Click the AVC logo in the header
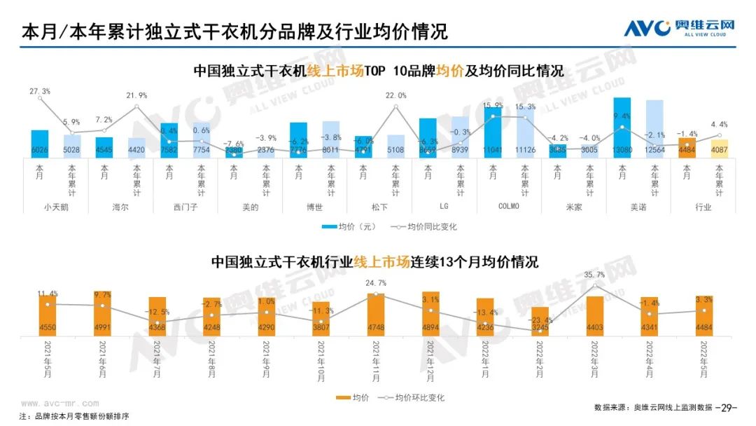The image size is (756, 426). [678, 28]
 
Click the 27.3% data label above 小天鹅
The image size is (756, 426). [40, 91]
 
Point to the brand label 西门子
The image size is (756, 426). [185, 207]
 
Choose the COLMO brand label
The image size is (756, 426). [508, 207]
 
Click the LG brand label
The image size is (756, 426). [444, 207]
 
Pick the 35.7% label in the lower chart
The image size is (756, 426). [594, 276]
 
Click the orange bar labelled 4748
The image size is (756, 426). [376, 313]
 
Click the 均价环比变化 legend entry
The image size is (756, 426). [412, 397]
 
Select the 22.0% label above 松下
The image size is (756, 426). [395, 95]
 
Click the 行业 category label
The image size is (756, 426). [703, 207]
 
